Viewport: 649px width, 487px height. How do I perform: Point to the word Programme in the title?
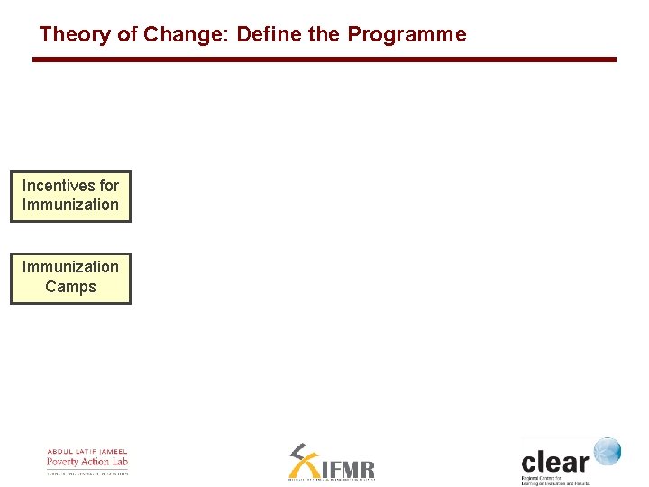407,35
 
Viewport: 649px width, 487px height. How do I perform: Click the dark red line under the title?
324,60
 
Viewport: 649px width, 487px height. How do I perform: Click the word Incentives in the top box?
59,186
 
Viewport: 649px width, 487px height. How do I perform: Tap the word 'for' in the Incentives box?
109,186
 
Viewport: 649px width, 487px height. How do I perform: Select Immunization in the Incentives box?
70,205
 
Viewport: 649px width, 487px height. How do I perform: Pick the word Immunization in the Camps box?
70,267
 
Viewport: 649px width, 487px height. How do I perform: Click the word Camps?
70,287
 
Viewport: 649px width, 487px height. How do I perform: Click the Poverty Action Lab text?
87,462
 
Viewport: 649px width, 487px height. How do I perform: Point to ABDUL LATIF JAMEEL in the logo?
87,452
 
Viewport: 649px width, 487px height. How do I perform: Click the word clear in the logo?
554,462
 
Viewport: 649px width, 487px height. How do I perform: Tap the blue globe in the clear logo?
607,451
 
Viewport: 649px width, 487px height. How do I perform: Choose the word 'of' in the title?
126,35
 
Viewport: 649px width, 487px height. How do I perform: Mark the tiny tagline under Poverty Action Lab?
87,473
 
